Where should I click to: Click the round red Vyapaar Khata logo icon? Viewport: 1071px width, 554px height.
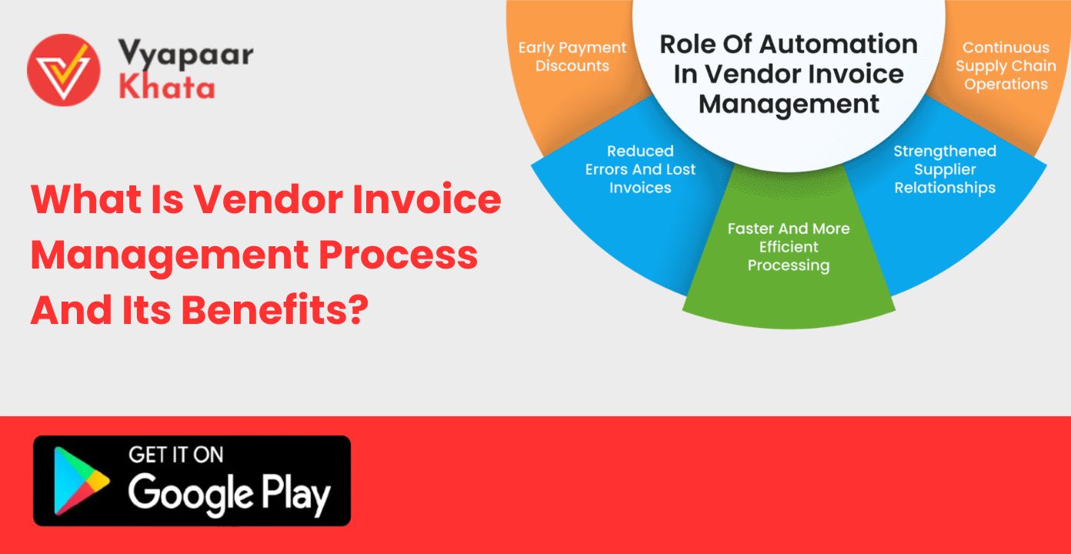pos(64,70)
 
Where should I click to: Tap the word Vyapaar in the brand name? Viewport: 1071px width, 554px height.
pos(186,54)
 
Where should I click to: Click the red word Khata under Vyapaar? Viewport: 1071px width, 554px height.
pos(166,88)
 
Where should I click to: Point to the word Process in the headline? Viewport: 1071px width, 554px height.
pos(398,254)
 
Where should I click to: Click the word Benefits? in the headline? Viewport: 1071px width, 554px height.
pos(275,310)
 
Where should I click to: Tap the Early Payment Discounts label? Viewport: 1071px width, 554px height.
pos(572,56)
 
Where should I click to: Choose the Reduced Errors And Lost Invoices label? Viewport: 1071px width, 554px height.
pos(640,169)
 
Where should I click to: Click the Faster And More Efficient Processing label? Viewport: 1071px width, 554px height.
pos(789,247)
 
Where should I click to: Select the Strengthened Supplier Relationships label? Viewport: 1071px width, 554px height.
pos(945,170)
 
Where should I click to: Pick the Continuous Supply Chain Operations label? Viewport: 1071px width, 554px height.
pos(1006,65)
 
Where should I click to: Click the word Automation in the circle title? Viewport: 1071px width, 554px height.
pos(838,45)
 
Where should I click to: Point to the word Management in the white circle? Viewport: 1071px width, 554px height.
pos(789,105)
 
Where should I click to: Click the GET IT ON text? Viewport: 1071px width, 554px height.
pos(176,455)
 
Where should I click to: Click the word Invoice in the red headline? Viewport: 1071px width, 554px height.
pos(426,199)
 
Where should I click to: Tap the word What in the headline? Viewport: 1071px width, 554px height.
pos(86,199)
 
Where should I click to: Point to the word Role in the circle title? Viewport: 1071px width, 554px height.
pos(687,45)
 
